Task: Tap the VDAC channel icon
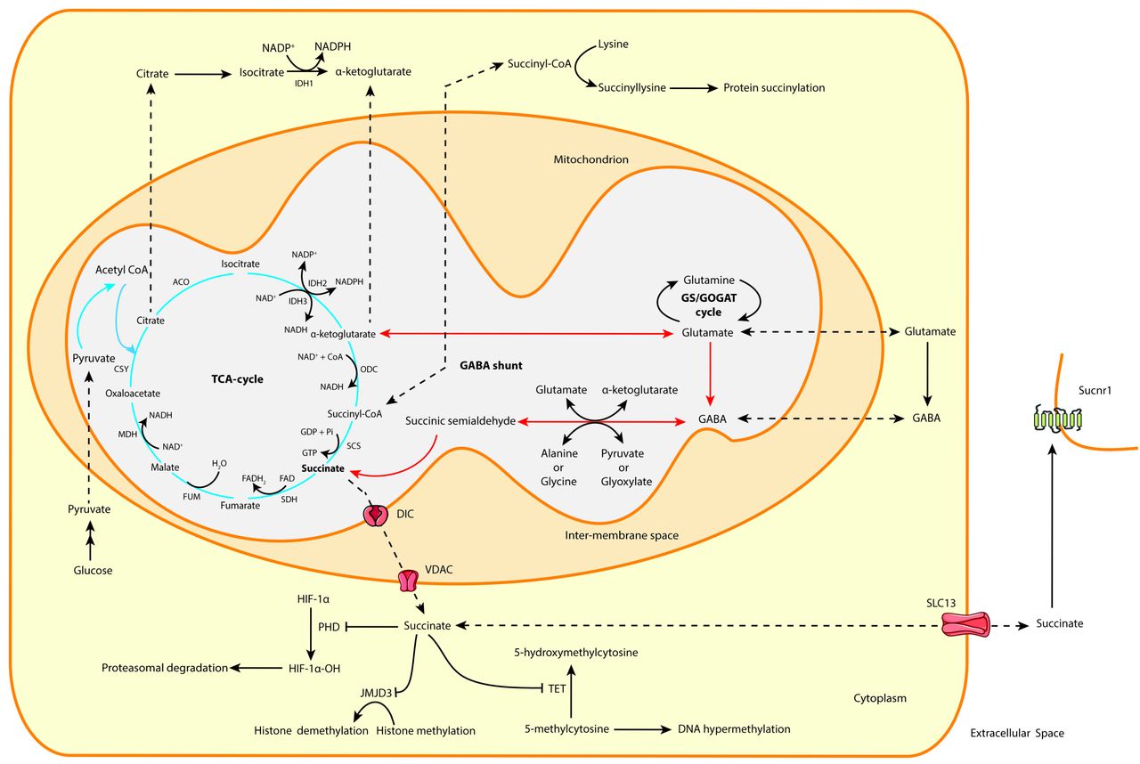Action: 408,581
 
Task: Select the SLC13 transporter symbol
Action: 967,623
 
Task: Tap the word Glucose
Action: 93,570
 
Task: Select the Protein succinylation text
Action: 774,88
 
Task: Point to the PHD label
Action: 330,627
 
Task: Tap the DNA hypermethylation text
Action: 734,729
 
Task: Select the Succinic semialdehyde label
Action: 460,420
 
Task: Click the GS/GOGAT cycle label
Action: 709,305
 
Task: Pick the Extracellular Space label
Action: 1016,734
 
